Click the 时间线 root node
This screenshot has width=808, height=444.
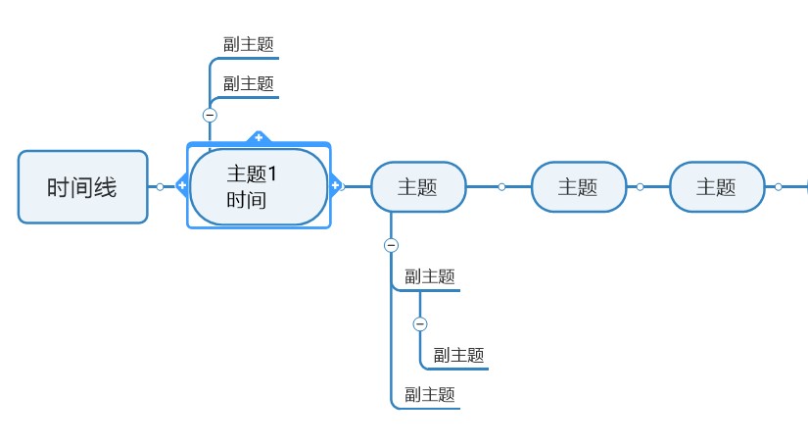coord(82,186)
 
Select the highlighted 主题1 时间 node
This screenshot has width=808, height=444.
coord(258,186)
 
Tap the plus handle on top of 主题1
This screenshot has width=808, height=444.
coord(259,137)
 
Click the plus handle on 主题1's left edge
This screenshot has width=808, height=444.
coord(182,185)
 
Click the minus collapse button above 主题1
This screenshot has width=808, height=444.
coord(210,115)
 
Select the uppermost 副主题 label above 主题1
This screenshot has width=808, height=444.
coord(248,44)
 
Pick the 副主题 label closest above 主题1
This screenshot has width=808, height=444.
coord(248,84)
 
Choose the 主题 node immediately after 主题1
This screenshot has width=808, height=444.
coord(417,186)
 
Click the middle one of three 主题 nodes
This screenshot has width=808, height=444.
coord(578,186)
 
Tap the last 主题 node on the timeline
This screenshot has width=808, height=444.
coord(716,186)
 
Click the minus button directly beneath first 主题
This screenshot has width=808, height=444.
coord(391,245)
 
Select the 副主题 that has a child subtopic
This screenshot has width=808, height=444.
coord(430,276)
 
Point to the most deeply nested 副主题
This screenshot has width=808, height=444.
coord(459,355)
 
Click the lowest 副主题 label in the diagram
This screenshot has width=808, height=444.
coord(430,394)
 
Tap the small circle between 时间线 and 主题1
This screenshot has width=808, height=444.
coord(160,186)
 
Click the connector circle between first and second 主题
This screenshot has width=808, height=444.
coord(501,186)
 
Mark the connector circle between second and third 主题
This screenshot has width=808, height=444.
coord(641,186)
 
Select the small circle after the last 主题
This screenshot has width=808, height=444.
coord(779,186)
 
